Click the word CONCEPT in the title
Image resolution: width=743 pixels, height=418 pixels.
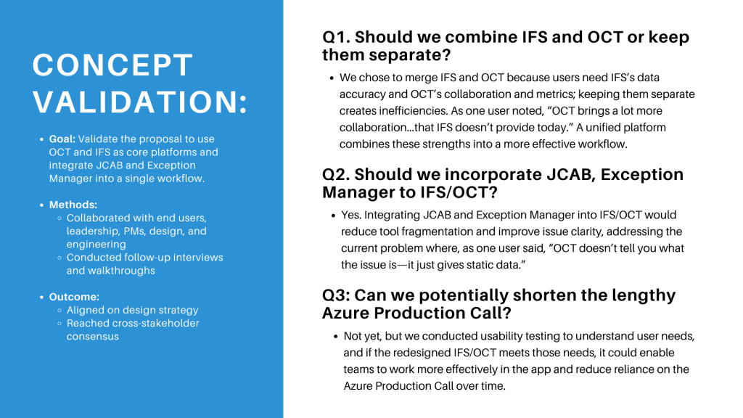112,65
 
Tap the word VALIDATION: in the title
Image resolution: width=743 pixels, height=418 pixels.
140,102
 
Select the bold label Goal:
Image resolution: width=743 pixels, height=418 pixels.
62,139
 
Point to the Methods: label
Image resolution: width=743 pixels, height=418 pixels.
73,205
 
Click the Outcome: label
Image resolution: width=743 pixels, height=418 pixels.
74,297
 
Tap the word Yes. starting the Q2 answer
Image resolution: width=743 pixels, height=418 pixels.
351,215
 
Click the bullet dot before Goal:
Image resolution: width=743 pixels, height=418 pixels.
41,139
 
